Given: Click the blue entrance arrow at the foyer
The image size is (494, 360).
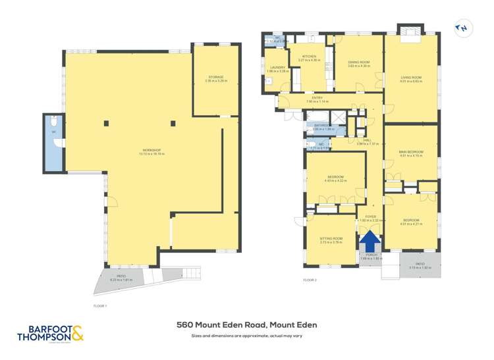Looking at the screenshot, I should point(370,240).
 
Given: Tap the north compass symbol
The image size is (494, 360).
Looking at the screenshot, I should point(463,28).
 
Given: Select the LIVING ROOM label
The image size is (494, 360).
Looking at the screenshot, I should point(410,79).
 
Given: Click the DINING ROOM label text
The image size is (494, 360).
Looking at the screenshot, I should point(358,64).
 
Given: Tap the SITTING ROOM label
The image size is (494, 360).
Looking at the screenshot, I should point(331,240).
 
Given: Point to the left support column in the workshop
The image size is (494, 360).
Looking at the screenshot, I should point(107,122).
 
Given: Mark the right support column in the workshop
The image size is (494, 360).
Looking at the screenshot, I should point(173,122).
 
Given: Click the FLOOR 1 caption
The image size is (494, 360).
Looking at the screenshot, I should point(100,306).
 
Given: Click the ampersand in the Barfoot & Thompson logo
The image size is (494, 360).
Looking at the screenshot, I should point(76,333).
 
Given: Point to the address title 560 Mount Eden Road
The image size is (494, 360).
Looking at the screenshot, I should point(246,324).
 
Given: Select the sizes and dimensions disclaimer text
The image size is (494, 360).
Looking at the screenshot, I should point(246,336).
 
